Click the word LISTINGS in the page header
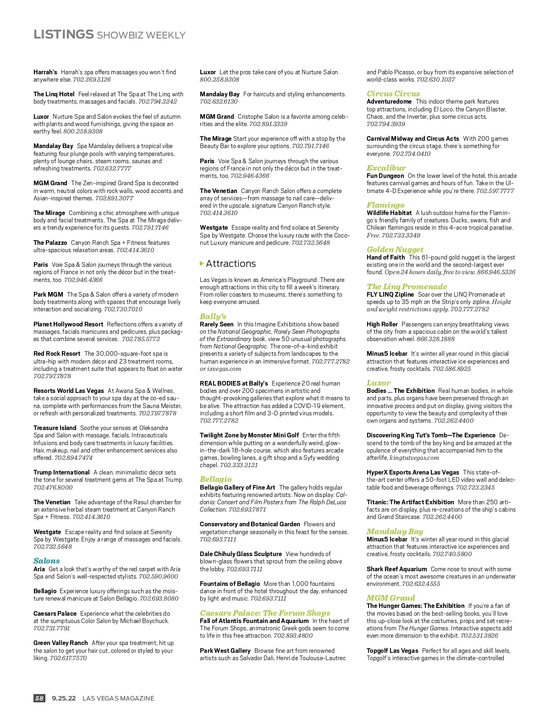coord(63,34)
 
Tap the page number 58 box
coord(39,698)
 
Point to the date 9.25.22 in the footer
coord(64,698)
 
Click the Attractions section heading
coord(231,264)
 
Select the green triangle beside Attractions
coord(202,264)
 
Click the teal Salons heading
coord(46,561)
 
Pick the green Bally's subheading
coord(213,316)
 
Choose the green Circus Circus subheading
coord(393,94)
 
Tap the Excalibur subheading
coord(386,168)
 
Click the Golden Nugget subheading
coord(395,249)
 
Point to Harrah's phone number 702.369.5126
coord(92,79)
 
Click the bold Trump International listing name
coord(61,472)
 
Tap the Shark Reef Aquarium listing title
coord(396,569)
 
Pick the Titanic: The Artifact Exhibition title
coord(410,502)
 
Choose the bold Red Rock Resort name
coord(57,353)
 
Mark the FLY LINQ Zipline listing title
coord(390,294)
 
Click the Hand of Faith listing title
coord(385,257)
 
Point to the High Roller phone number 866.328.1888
coord(435,339)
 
